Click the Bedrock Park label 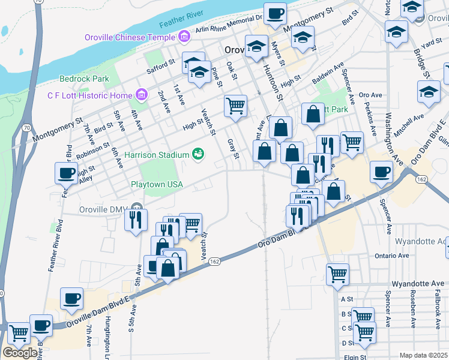84,79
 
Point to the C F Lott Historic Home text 89,95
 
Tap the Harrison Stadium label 157,155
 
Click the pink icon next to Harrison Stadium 197,155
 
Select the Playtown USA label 157,184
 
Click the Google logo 20,353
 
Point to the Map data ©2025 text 423,355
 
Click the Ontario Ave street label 394,256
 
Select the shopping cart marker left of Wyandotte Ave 337,274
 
